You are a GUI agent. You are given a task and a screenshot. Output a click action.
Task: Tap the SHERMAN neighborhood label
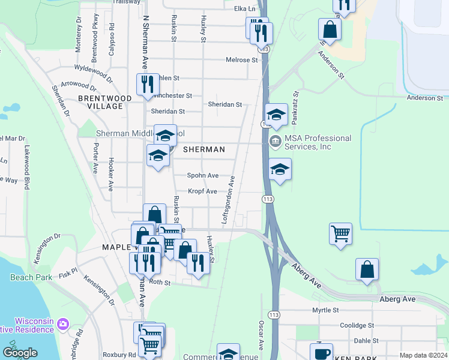(203, 149)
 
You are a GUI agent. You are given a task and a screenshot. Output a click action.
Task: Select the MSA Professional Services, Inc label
(318, 142)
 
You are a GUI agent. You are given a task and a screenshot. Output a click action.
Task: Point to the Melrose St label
(241, 60)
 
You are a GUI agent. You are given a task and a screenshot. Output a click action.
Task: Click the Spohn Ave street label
(202, 176)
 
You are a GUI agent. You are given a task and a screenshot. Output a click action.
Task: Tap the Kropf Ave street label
(202, 191)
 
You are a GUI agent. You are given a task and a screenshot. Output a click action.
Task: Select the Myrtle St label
(325, 310)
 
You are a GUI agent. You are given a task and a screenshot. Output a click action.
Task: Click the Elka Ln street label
(244, 9)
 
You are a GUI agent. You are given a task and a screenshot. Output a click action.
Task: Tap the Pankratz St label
(295, 108)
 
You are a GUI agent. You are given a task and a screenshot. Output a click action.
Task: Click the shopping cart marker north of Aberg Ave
(340, 232)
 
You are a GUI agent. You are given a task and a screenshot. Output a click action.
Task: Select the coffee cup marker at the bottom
(321, 353)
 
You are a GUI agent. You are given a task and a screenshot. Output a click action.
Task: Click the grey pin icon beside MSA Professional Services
(276, 142)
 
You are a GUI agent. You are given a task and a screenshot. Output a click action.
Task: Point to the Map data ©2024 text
(423, 355)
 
